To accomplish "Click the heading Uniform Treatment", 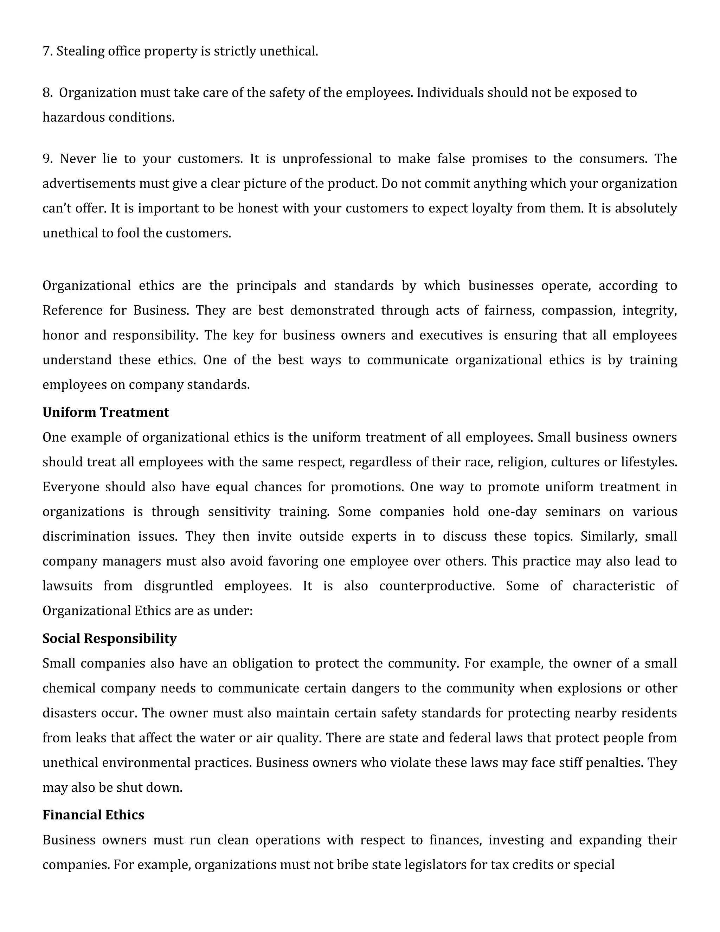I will pyautogui.click(x=106, y=412).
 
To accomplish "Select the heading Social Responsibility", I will pyautogui.click(x=110, y=638).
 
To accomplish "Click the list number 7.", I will pyautogui.click(x=47, y=51).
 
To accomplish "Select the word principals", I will pyautogui.click(x=266, y=286).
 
